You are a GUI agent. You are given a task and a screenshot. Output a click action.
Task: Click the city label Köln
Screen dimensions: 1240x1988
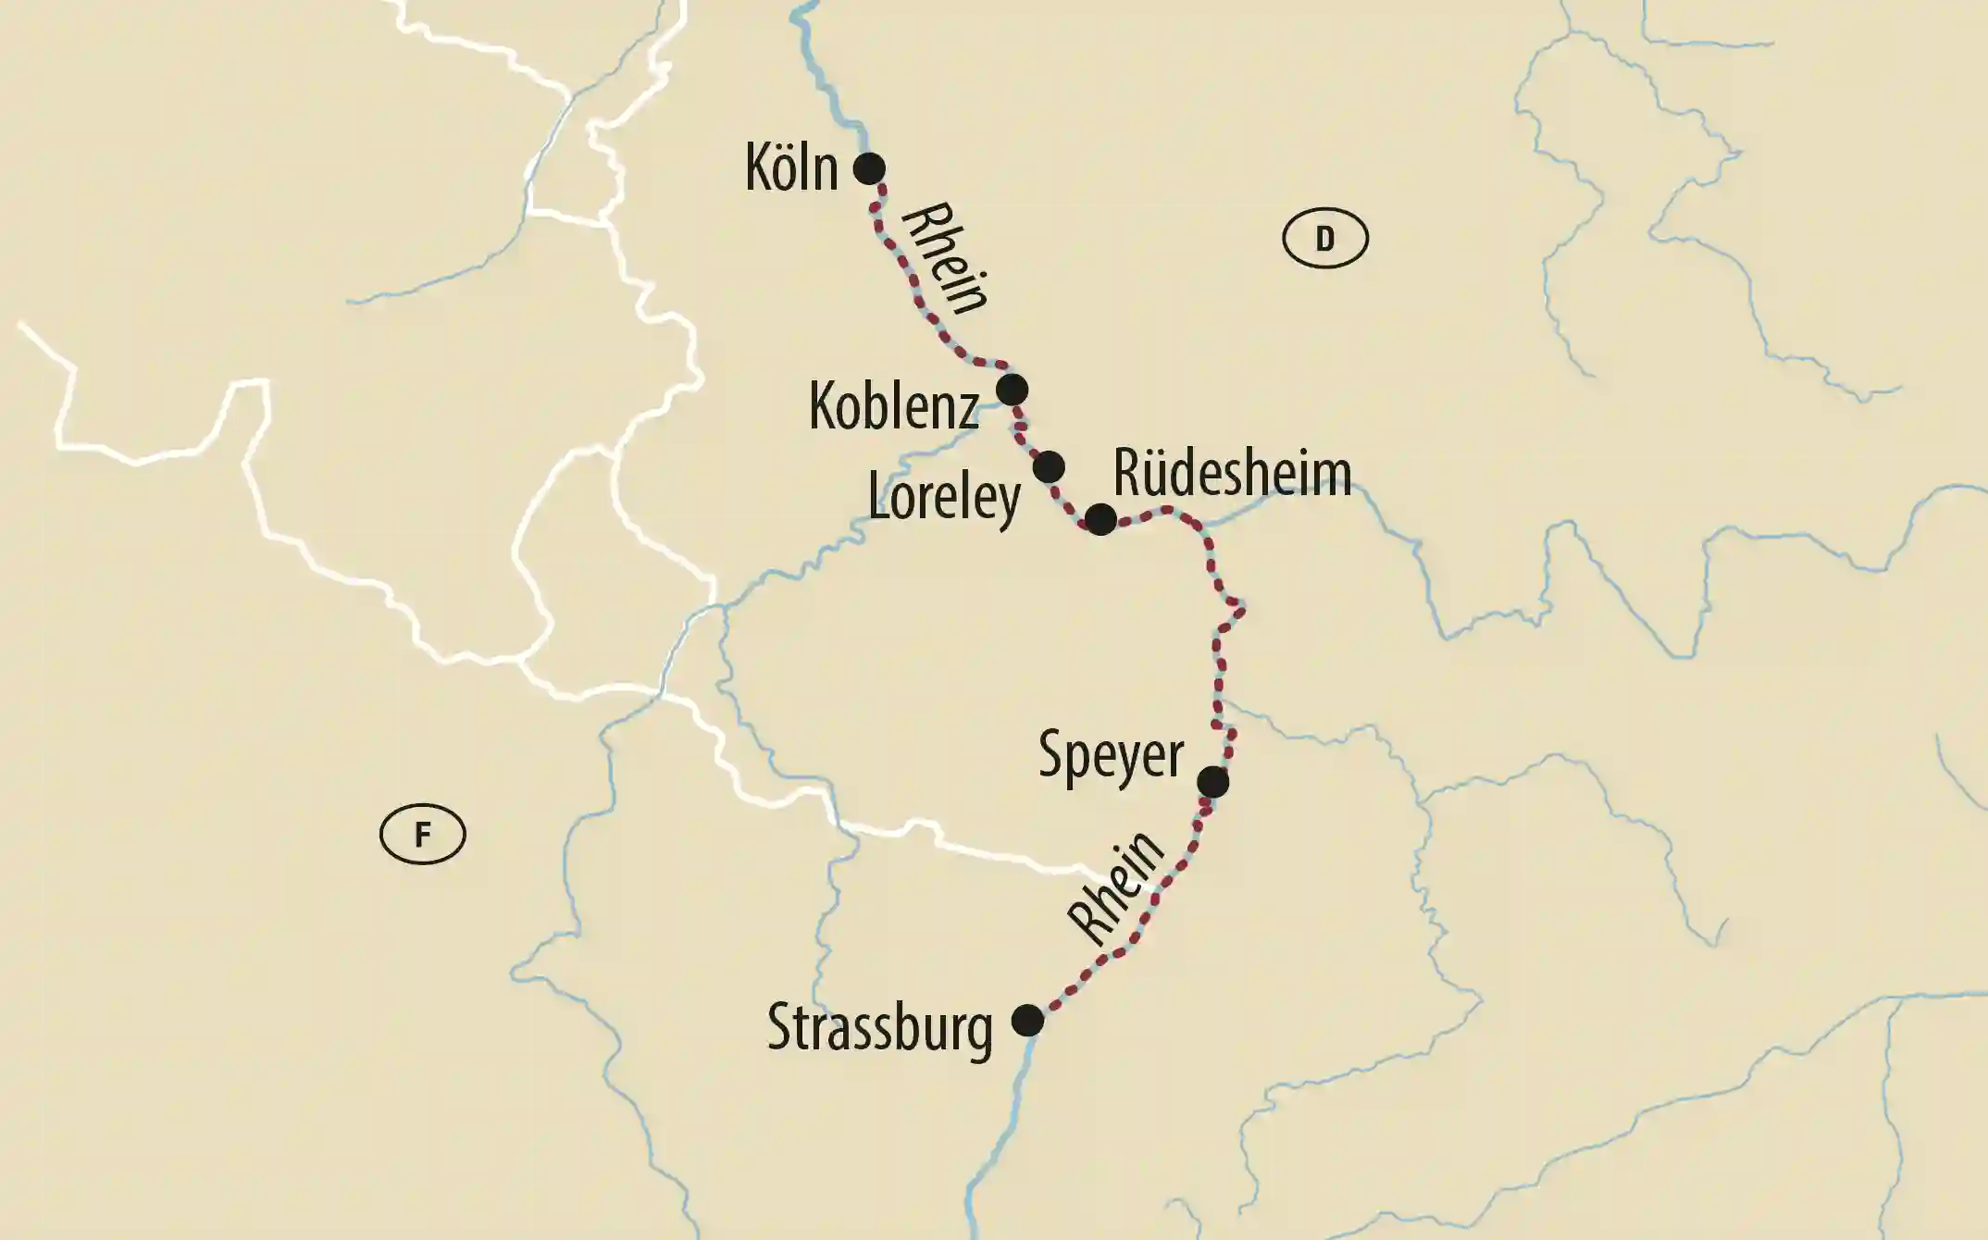791,168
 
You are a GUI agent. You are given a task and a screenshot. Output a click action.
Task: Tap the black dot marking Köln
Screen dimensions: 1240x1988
869,168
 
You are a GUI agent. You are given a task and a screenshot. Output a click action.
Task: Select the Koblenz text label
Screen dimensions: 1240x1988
893,406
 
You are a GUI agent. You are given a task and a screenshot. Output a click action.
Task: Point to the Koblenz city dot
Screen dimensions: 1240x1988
1012,390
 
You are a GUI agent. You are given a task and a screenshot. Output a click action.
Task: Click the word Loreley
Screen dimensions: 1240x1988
944,499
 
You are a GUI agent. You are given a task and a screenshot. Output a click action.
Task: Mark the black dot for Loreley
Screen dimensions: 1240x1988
1049,467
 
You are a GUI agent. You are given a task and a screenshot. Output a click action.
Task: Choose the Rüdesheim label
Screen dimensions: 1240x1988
1232,473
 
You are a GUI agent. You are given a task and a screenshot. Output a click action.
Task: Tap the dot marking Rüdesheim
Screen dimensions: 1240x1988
1100,520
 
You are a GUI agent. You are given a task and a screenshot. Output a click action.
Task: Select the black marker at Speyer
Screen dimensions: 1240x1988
1212,782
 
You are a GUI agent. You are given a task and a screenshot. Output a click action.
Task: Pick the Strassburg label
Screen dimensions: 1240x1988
879,1029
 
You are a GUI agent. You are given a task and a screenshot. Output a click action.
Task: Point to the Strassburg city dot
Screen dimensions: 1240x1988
1027,1021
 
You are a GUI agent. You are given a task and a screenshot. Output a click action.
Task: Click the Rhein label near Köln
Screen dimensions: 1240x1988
944,259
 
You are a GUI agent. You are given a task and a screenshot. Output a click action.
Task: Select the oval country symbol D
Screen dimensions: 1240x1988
1324,240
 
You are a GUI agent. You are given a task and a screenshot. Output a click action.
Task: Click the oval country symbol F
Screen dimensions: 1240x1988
422,835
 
